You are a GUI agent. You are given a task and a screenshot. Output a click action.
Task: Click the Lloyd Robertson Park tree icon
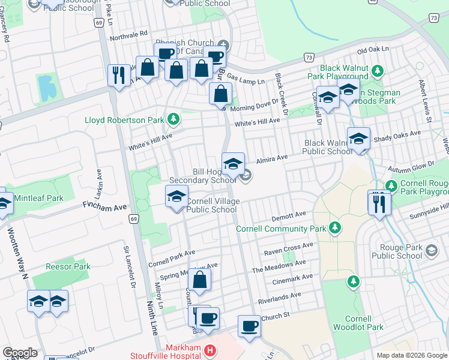click(x=173, y=119)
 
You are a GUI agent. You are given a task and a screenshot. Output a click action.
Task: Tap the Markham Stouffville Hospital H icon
click(x=209, y=350)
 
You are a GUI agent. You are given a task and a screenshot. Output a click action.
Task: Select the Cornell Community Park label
click(x=280, y=229)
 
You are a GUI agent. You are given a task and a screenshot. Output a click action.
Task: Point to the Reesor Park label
click(x=68, y=266)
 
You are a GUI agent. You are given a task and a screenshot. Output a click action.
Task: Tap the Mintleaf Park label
click(x=40, y=198)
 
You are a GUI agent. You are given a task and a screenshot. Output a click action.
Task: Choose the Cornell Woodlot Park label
click(x=364, y=323)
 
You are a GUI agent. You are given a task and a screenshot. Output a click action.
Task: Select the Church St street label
click(x=276, y=315)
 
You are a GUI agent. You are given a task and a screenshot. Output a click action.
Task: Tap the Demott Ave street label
click(x=289, y=214)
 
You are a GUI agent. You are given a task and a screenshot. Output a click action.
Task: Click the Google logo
click(x=20, y=353)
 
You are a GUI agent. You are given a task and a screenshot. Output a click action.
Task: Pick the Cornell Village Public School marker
click(x=176, y=197)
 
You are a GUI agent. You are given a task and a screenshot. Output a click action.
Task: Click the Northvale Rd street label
click(x=126, y=35)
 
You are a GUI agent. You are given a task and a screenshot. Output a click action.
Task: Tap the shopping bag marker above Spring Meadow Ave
click(x=199, y=279)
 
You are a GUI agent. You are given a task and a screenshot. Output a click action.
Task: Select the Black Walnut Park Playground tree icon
click(x=378, y=71)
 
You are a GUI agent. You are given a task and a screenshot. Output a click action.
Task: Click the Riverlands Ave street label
click(x=278, y=296)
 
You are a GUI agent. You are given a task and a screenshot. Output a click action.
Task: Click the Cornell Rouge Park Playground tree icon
click(x=391, y=185)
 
